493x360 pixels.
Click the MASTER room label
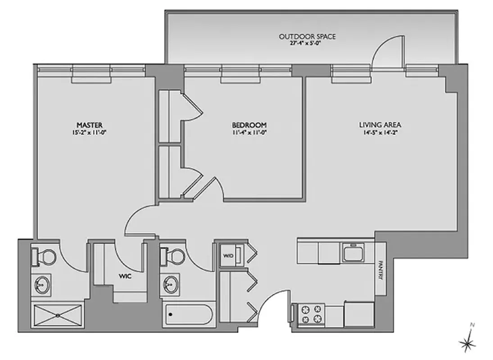coord(90,124)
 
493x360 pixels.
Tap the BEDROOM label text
coord(249,125)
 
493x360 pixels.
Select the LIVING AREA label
coord(380,125)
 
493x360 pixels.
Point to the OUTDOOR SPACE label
coord(307,36)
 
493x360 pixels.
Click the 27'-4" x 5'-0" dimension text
coord(307,44)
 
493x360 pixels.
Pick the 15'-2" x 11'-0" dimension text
coord(90,132)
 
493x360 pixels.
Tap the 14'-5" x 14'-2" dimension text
coord(380,132)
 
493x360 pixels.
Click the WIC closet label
coord(125,276)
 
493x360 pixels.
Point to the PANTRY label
coord(380,270)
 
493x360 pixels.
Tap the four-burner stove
coord(312,314)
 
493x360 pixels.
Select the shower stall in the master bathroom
coord(57,314)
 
